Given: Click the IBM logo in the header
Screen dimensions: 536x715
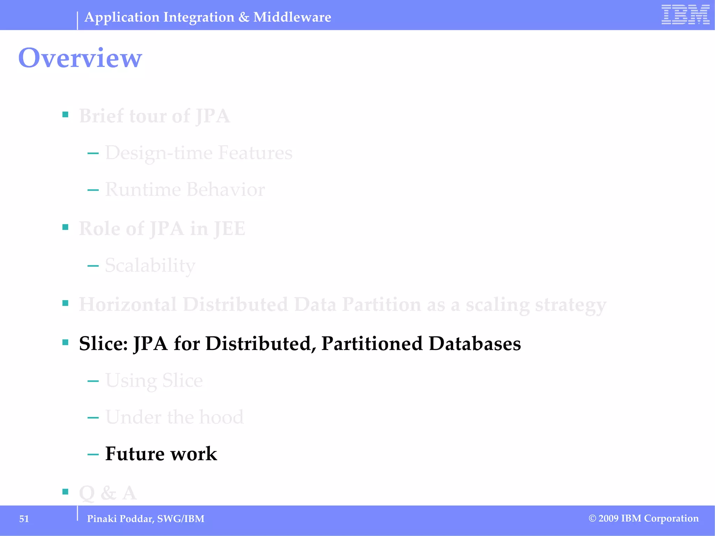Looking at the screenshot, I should click(x=685, y=15).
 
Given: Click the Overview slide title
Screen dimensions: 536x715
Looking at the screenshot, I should click(x=80, y=58).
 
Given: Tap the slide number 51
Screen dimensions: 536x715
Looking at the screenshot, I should click(x=24, y=519).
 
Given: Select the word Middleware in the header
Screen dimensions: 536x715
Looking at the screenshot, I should click(x=292, y=17).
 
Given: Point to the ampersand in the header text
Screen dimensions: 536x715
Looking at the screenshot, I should click(x=244, y=17).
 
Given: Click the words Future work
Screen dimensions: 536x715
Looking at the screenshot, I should click(x=161, y=454).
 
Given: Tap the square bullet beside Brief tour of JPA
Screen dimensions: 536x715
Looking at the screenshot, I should click(x=65, y=114).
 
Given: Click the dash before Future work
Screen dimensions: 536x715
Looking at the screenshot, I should click(x=93, y=454).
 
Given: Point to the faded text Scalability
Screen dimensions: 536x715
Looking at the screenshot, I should click(x=150, y=266).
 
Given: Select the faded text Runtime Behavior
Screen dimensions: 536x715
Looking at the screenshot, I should click(x=185, y=189).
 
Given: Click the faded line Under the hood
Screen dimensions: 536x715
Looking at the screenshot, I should click(x=175, y=417).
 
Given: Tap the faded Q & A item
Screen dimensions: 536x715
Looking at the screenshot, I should click(x=108, y=493).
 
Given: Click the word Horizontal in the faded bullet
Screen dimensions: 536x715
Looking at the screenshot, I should click(x=128, y=304).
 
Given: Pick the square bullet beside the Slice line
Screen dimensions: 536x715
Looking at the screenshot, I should click(x=65, y=342).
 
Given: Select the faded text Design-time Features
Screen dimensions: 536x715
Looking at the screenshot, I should click(x=199, y=153).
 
